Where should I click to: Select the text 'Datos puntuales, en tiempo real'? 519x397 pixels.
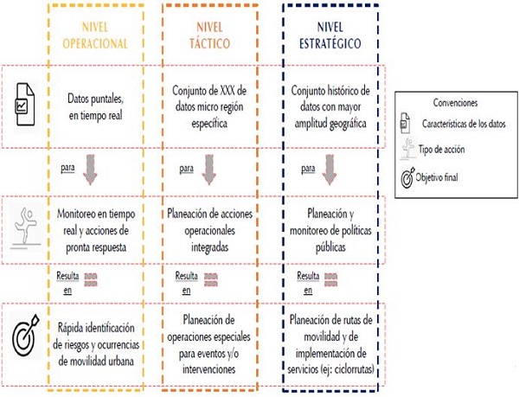102,103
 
